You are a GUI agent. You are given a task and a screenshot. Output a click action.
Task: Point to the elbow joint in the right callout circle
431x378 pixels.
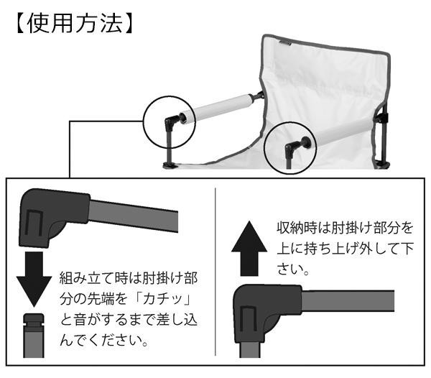(292, 148)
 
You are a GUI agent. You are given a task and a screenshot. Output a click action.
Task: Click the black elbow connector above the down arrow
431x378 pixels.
(45, 214)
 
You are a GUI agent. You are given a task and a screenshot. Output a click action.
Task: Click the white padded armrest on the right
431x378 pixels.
(338, 136)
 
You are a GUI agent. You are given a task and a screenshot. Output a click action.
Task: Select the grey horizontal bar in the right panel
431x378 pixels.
(345, 300)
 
